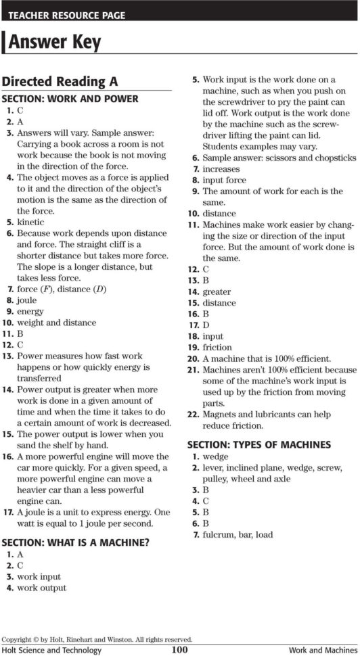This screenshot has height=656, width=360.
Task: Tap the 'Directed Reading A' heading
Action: tap(60, 81)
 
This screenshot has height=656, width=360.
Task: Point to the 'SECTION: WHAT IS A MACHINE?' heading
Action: tap(76, 542)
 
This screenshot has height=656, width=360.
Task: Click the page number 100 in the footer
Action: tap(179, 650)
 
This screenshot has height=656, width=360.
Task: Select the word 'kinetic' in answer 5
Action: tap(30, 222)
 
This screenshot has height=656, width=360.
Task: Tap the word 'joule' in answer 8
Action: tap(27, 300)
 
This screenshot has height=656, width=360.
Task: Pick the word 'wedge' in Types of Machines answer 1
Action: tap(215, 456)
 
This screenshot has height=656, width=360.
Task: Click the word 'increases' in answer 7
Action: tap(221, 168)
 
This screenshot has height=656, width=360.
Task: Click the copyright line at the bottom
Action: tap(97, 639)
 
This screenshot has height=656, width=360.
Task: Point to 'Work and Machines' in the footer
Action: tap(321, 651)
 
